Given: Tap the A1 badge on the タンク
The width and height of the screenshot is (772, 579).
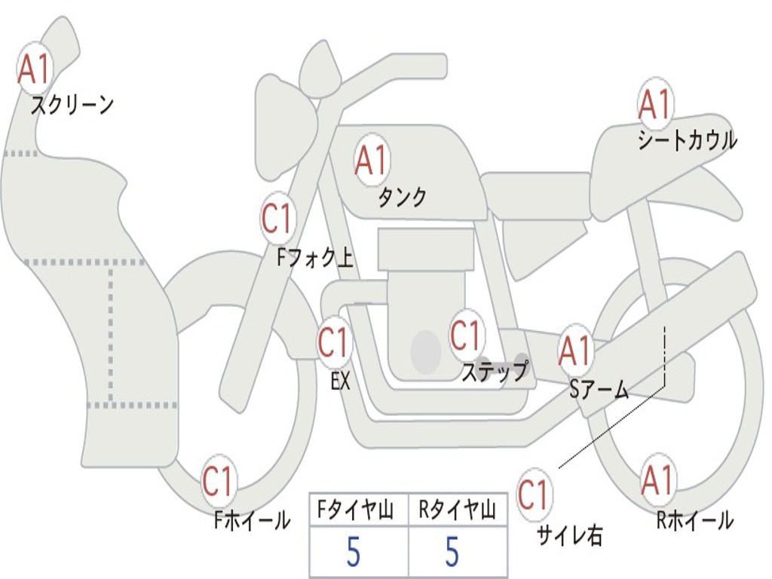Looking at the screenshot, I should tap(371, 160).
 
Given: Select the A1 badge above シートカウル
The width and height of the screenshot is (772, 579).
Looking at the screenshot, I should tap(655, 105).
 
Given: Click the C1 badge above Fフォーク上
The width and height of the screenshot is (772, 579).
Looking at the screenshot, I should tap(277, 219).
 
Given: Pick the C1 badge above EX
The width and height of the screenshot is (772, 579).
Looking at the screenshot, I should tap(334, 343).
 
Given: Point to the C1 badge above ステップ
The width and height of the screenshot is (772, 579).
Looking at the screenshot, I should tap(466, 335).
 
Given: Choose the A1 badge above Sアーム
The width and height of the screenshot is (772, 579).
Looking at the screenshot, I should tap(576, 351).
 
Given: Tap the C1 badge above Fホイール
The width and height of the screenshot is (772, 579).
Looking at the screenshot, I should tap(219, 482).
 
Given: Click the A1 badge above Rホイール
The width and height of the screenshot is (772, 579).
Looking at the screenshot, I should tap(657, 480).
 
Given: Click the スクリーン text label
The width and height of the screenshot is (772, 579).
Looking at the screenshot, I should tap(72, 105).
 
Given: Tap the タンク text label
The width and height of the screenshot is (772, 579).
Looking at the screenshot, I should tap(402, 197).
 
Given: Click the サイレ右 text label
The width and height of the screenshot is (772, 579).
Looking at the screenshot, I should tap(569, 535).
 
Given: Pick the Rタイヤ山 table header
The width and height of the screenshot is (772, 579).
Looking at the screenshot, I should tap(457, 512).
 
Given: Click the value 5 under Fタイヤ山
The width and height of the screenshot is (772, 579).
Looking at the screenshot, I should tap(354, 553).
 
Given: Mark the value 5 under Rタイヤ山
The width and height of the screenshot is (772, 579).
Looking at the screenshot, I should tap(452, 553).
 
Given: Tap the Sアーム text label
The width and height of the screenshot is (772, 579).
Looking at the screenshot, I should tap(599, 389).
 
